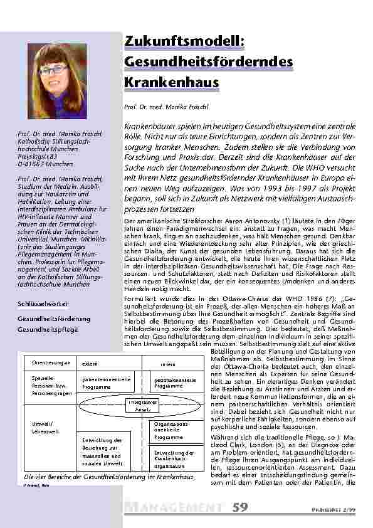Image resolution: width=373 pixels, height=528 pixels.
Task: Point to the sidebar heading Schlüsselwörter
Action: point(43,304)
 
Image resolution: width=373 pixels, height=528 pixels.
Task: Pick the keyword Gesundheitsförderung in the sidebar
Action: point(54,319)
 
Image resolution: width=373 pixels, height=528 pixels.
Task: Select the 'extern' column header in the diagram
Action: point(90,364)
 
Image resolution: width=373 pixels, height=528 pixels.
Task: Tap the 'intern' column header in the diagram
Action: point(168,364)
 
